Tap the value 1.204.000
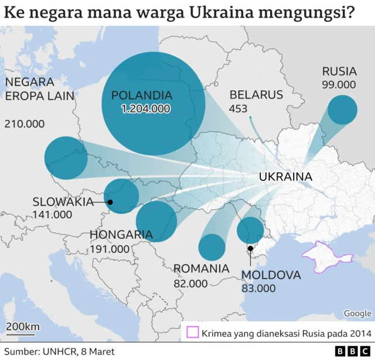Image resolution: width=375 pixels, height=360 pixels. pos(145,109)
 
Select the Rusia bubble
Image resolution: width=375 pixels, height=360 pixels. pos(342,110)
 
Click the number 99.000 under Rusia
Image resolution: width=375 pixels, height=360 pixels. pos(339,85)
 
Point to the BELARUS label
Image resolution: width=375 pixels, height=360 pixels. pos(256,95)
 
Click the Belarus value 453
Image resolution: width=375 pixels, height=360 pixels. pos(238,109)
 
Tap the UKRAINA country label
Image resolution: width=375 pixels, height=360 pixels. pos(285,177)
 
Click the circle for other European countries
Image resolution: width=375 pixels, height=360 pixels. pos(66,158)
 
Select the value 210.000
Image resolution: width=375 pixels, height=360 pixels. pos(25,124)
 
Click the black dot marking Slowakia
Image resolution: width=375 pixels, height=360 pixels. pos(110,203)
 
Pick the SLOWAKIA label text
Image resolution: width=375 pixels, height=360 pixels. pos(63,202)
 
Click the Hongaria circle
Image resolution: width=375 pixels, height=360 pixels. pos(156,221)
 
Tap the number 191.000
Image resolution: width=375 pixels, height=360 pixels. pos(110,249)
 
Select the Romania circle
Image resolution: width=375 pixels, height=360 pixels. pos(212,247)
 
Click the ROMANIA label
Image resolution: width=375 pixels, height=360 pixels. pos(201,269)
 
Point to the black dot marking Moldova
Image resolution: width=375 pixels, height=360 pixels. pos(250,248)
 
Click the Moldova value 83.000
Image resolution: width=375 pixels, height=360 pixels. pos(258,288)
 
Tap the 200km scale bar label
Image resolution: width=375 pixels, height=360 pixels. pos(23,326)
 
